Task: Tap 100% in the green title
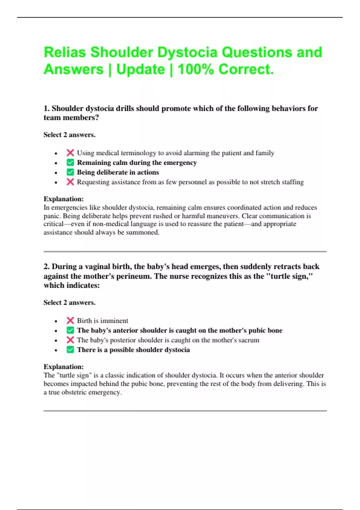(x=195, y=69)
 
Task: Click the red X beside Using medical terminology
(x=70, y=153)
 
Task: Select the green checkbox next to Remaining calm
(x=70, y=163)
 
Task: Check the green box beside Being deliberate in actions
(x=70, y=172)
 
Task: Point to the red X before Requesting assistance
(x=70, y=182)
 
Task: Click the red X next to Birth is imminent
(x=70, y=320)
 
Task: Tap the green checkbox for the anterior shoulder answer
(x=70, y=330)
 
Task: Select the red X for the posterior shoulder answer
(x=70, y=340)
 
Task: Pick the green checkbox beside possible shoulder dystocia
(x=70, y=350)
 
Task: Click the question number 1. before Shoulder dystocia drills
(x=46, y=108)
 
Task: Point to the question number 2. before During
(x=46, y=266)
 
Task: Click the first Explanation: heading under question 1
(x=64, y=199)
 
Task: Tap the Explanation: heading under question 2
(x=64, y=367)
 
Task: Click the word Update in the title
(x=140, y=69)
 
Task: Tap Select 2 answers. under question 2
(x=69, y=302)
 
